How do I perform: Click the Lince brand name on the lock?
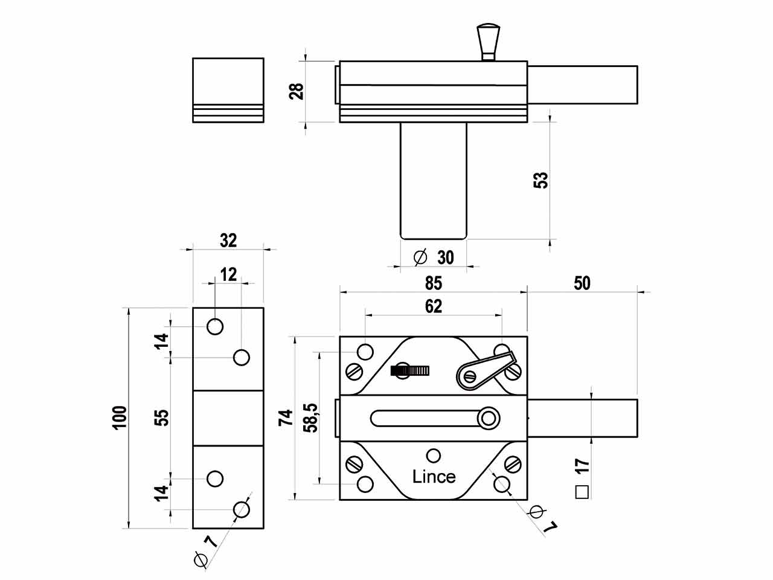(434, 476)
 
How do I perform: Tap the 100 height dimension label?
(120, 417)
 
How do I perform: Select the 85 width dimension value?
(433, 283)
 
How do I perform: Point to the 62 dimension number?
(433, 306)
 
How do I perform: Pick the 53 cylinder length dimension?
(541, 180)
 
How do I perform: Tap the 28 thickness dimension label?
(297, 91)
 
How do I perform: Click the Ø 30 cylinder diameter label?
(434, 257)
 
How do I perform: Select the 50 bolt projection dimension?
(582, 283)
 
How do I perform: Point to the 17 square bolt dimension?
(582, 466)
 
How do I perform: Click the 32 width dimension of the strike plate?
(228, 240)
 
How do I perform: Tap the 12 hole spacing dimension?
(228, 275)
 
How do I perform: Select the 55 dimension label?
(162, 417)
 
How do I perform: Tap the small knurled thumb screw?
(411, 370)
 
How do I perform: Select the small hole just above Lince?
(433, 456)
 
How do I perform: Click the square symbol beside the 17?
(582, 492)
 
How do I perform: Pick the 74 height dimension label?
(286, 417)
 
